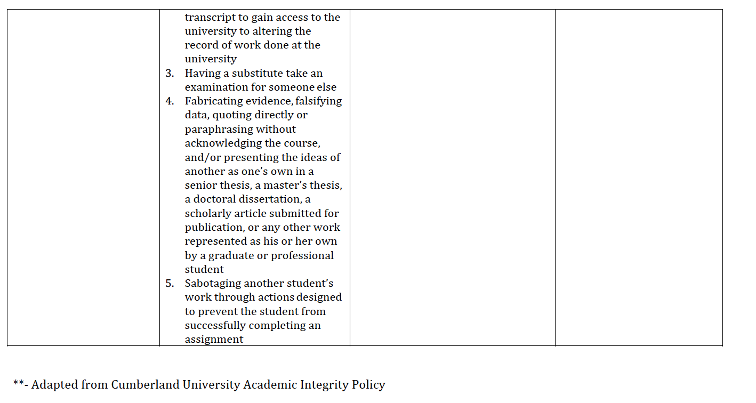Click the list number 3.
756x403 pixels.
[x=169, y=74]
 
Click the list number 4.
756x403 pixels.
[x=169, y=101]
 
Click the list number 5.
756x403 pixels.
[x=169, y=284]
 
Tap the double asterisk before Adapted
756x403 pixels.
[x=18, y=384]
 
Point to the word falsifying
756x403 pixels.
[x=319, y=101]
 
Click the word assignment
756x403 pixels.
[x=214, y=340]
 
